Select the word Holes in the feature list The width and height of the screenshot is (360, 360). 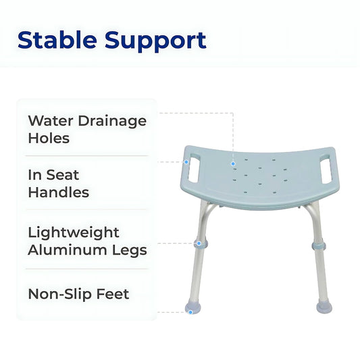tap(49, 138)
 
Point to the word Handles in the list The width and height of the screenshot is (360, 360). tap(58, 192)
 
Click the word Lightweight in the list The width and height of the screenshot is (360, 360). tap(73, 232)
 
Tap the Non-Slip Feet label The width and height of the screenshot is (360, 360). tap(78, 294)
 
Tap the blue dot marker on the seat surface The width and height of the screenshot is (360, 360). tap(233, 163)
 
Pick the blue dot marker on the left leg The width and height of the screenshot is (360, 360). tap(198, 242)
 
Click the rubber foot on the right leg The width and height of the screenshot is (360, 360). tap(324, 308)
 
